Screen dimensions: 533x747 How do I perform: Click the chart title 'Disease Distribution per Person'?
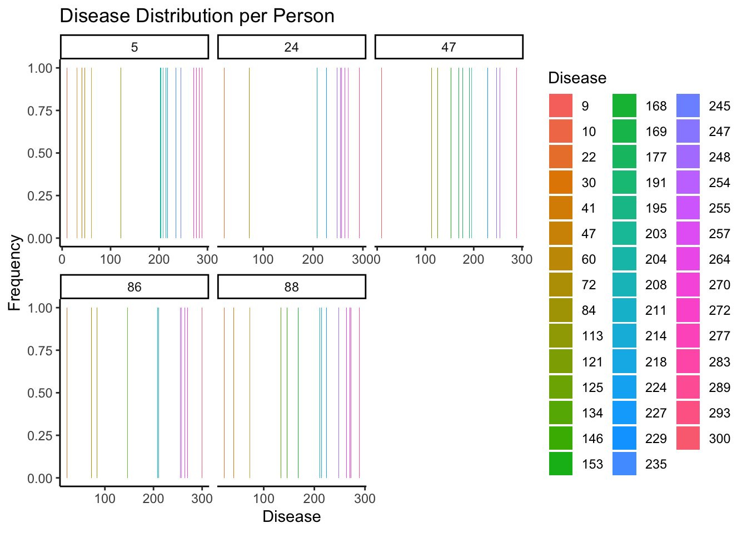point(197,16)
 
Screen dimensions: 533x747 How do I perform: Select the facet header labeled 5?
point(135,47)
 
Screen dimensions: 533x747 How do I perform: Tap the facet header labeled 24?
point(291,47)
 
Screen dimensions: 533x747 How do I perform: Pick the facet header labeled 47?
point(449,47)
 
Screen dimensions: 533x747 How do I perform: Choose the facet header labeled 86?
point(135,287)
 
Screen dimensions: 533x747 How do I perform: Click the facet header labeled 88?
point(291,287)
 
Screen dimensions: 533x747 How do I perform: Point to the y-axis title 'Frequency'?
point(14,273)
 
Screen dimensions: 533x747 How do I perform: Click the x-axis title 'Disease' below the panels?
point(291,516)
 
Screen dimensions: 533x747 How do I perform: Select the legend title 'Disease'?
point(577,78)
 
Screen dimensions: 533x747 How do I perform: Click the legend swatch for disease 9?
point(561,106)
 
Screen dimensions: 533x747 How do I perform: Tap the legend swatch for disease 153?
point(561,464)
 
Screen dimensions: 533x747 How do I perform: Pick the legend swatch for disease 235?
point(624,464)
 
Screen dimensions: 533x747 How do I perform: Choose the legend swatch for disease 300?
point(688,438)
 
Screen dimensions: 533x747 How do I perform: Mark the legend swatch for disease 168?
point(624,106)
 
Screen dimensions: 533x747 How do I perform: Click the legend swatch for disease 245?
point(688,106)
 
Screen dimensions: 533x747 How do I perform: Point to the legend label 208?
point(656,285)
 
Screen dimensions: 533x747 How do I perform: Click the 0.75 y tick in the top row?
point(39,110)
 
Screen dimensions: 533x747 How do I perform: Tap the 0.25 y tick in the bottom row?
point(39,436)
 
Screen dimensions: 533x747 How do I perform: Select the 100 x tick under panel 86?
point(105,499)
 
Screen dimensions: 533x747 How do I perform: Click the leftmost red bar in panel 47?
point(381,153)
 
